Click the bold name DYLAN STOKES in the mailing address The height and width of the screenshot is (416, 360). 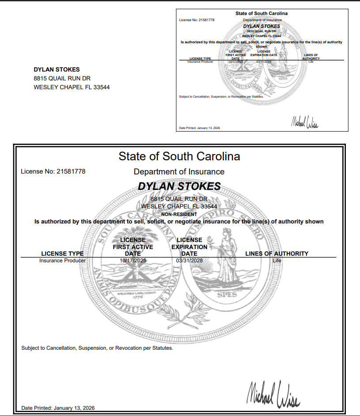(x=57, y=69)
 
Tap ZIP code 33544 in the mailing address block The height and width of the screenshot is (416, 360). (x=101, y=87)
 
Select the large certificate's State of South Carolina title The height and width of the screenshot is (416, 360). (x=179, y=156)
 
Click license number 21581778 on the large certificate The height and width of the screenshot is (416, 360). (x=71, y=171)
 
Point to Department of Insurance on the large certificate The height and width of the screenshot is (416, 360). (x=179, y=172)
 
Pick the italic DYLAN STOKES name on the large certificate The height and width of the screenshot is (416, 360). (x=179, y=186)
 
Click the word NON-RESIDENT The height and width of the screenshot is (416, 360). (x=179, y=214)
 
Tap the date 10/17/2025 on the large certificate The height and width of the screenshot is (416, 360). (x=133, y=261)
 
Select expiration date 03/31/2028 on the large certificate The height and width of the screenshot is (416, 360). (x=189, y=261)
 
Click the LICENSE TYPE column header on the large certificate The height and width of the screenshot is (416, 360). (x=62, y=253)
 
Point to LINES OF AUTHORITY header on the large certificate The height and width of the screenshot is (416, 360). (x=277, y=253)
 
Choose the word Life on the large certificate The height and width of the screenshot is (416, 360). (x=277, y=261)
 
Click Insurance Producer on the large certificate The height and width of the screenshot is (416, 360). (x=62, y=261)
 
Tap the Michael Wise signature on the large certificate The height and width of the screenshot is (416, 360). (x=273, y=394)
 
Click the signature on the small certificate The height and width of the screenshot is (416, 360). (x=304, y=123)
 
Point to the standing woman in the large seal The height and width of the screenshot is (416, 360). (x=226, y=256)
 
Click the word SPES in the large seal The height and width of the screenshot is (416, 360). (x=227, y=295)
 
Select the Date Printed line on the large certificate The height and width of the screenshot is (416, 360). (x=58, y=408)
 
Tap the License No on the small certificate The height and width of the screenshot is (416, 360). (x=197, y=20)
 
